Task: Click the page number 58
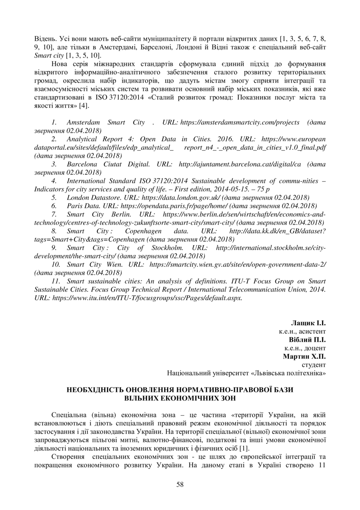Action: click(x=180, y=484)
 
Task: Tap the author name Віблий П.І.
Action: click(x=307, y=340)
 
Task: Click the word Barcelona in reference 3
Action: click(x=82, y=164)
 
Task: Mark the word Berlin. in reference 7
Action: click(x=121, y=214)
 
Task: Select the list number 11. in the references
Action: click(x=56, y=281)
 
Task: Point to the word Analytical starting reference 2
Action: click(x=81, y=139)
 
